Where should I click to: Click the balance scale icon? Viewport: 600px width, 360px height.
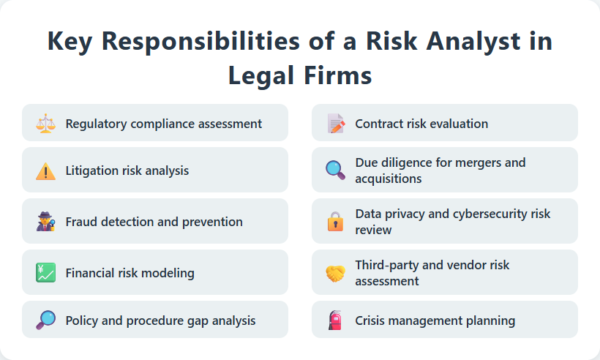pyautogui.click(x=45, y=123)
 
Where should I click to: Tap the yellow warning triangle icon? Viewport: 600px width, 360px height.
pyautogui.click(x=45, y=170)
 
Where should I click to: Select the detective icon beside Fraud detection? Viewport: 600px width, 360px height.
pyautogui.click(x=45, y=222)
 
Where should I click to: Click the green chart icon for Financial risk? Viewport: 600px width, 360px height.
pyautogui.click(x=45, y=273)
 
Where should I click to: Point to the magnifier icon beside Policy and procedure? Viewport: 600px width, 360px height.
pyautogui.click(x=45, y=320)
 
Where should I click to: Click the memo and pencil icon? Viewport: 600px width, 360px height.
pyautogui.click(x=335, y=123)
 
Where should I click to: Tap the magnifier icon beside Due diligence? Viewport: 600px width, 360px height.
pyautogui.click(x=335, y=170)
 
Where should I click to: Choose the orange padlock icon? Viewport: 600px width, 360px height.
pyautogui.click(x=335, y=222)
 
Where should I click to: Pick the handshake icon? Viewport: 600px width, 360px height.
pyautogui.click(x=335, y=273)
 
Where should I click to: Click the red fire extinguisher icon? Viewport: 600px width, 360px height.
pyautogui.click(x=335, y=320)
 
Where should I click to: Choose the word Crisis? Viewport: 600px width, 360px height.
pyautogui.click(x=372, y=320)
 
